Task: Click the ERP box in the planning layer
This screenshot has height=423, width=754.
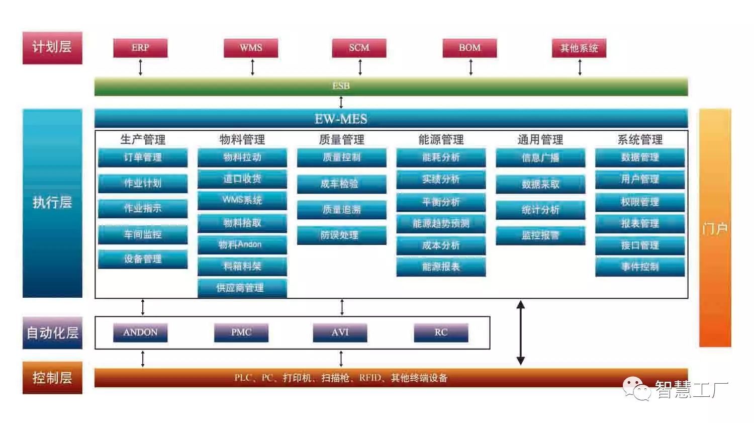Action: point(140,48)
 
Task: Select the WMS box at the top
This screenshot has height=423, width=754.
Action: point(251,48)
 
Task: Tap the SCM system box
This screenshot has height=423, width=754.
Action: point(359,48)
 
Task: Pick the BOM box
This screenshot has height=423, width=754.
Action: point(469,48)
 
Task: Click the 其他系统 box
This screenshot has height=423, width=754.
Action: point(579,48)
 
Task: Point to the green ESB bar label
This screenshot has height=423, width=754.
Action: point(341,86)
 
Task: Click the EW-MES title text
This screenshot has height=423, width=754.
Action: point(341,119)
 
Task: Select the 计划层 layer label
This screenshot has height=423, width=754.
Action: point(52,48)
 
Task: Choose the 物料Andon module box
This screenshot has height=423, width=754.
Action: point(242,245)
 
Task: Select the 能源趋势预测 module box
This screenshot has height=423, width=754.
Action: point(441,224)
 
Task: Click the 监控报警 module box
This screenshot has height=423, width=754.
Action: point(540,235)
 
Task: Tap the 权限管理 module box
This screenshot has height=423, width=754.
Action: point(640,202)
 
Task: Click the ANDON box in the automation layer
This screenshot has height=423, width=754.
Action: point(140,332)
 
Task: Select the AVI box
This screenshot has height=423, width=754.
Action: point(340,332)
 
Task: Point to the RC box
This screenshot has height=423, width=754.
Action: point(441,332)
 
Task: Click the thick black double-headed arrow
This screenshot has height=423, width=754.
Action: point(521,332)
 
